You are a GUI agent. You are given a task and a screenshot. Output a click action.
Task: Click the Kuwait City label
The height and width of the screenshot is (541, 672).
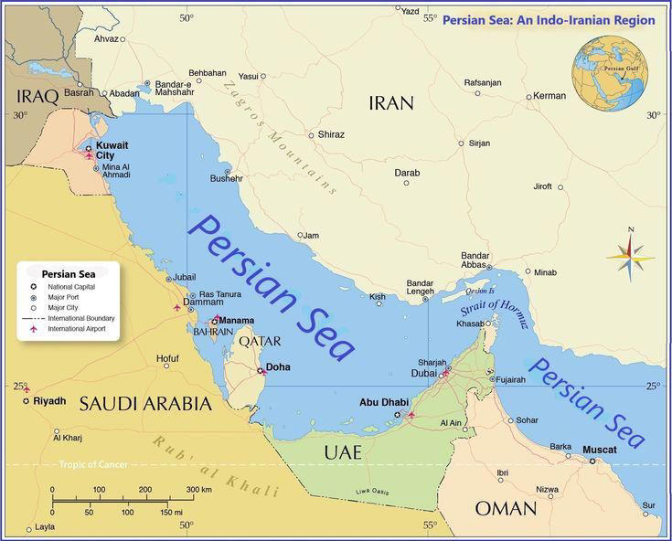(112, 150)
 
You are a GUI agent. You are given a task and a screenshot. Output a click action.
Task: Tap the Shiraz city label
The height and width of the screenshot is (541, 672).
(331, 134)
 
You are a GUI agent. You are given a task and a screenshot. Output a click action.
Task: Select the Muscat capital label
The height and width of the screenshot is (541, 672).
(599, 450)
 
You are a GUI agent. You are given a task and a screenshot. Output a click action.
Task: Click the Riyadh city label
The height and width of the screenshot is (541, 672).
(49, 401)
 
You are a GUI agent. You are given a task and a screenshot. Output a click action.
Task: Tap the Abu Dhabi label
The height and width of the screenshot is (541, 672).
(383, 402)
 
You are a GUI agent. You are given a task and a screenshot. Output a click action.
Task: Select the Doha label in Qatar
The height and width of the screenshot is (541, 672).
(278, 367)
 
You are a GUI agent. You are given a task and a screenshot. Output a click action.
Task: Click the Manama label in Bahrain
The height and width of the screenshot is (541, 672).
(236, 321)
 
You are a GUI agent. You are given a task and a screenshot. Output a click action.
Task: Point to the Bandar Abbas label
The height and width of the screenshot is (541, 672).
(475, 260)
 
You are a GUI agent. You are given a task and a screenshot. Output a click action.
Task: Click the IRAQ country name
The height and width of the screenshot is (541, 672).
(37, 95)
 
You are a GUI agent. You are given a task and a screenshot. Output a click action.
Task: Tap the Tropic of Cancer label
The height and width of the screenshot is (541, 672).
(93, 464)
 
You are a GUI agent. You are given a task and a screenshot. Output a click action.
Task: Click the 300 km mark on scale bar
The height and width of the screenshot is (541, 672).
(199, 490)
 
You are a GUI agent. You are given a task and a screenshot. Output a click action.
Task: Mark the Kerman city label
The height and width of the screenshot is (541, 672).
(549, 96)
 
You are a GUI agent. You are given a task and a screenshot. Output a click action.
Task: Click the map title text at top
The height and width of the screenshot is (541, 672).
(549, 19)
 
